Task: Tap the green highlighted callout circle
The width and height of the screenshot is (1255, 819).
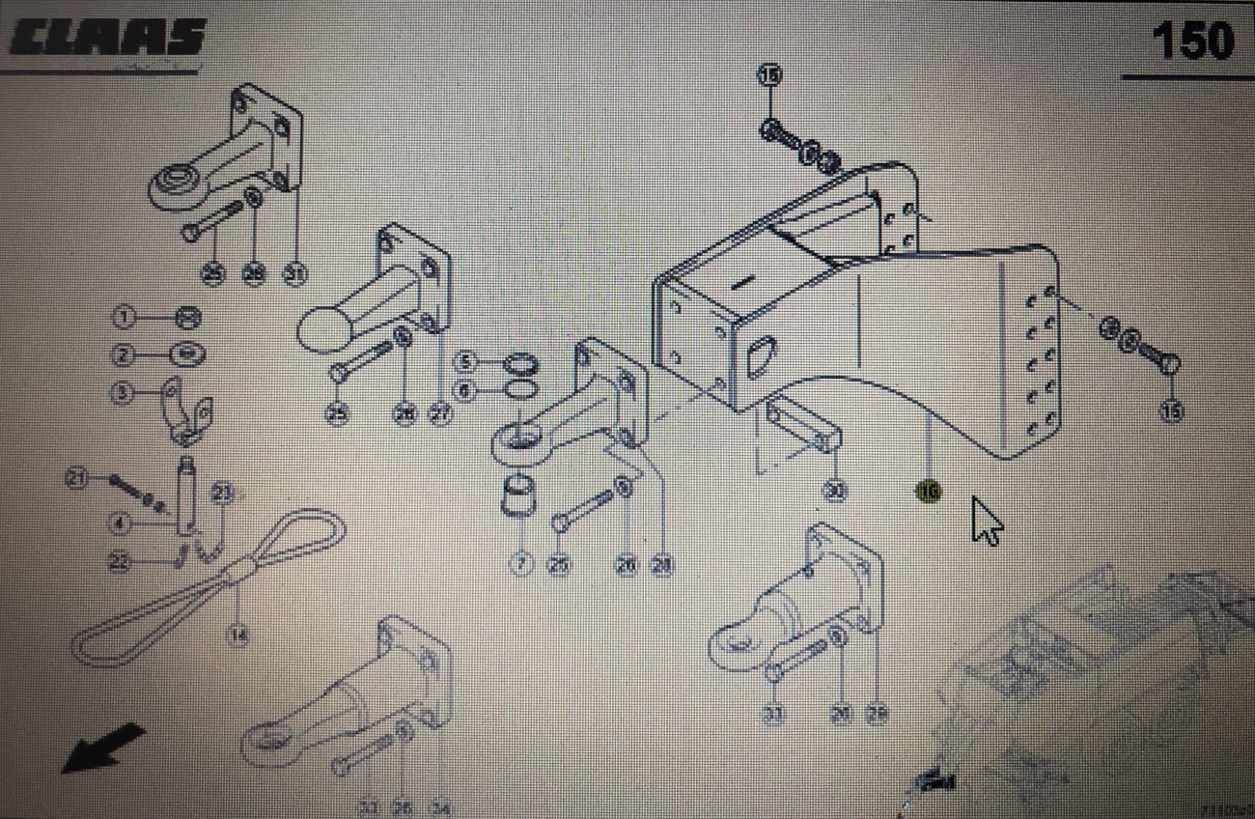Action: (928, 491)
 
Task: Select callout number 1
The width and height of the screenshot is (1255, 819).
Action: (125, 316)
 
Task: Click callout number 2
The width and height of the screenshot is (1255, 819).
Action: (125, 354)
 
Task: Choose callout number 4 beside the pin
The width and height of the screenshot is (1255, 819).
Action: (120, 524)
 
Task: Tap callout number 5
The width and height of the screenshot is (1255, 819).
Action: (467, 364)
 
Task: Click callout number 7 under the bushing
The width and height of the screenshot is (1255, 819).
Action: (521, 563)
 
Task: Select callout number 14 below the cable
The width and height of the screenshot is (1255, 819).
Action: (237, 635)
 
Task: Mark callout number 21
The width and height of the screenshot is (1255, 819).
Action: (77, 476)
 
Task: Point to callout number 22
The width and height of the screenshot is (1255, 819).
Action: (120, 559)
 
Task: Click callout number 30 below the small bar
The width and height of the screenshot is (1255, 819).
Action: (834, 491)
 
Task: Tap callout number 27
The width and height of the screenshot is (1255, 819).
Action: (440, 414)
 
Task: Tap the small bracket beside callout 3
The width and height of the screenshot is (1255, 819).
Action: (187, 410)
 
